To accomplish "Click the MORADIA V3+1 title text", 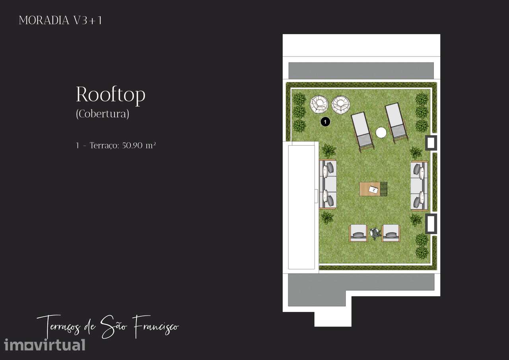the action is point(60,20).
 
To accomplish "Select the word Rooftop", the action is point(111,95).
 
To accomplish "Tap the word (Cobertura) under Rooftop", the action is point(103,114).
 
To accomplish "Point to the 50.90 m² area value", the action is point(139,145).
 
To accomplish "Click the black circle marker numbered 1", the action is point(325,122).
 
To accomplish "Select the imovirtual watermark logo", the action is point(45,345).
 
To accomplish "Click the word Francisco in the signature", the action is point(155,327).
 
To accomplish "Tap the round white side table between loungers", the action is point(381,132).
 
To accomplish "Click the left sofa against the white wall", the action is point(328,184).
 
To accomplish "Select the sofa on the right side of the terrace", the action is point(419,186).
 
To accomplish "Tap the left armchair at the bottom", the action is point(358,233).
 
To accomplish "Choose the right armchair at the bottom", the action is point(391,233).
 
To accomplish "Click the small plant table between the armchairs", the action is point(375,234).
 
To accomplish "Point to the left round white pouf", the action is point(319,104).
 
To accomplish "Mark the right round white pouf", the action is point(341,104).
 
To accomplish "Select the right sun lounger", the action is point(396,123).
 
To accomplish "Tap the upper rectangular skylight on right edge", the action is point(431,143).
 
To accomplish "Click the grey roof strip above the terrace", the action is point(361,70).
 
